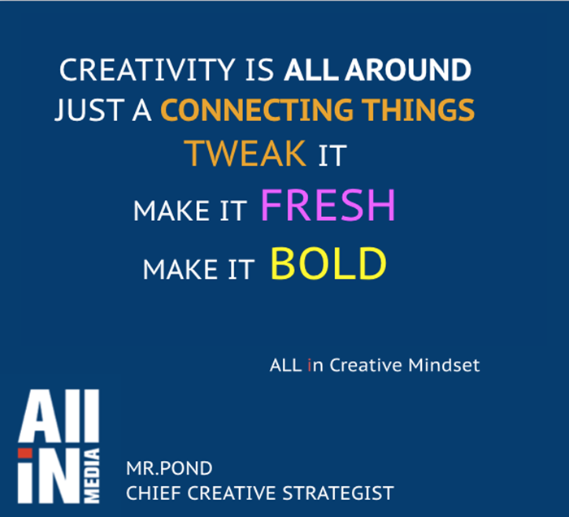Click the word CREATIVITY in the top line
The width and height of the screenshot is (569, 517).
click(147, 70)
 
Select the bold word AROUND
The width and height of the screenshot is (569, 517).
click(407, 70)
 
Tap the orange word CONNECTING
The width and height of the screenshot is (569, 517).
click(257, 110)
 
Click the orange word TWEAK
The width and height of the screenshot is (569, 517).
click(245, 154)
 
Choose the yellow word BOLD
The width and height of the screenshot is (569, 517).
click(328, 263)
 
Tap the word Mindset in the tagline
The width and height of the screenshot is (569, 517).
click(444, 365)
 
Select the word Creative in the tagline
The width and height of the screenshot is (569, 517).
click(366, 365)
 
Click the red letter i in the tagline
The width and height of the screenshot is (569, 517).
click(309, 365)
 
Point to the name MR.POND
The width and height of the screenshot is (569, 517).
click(169, 468)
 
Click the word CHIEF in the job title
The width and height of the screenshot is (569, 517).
click(154, 493)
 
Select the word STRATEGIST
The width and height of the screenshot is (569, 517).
click(338, 493)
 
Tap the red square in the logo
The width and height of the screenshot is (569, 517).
click(25, 453)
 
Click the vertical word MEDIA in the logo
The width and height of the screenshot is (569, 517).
click(91, 476)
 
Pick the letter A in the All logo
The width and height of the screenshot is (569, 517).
click(39, 415)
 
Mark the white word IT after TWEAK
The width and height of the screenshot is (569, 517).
click(332, 155)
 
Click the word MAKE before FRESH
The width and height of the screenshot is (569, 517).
click(172, 211)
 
